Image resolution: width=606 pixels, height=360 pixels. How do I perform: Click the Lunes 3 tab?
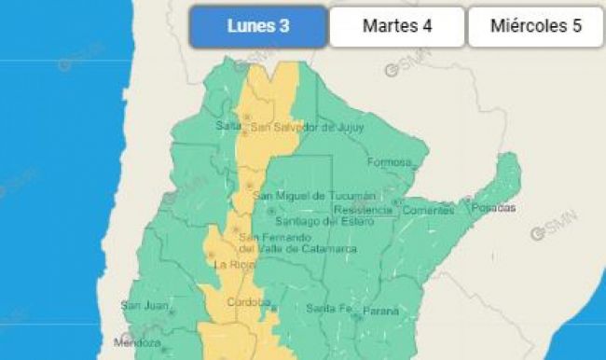pos(258,26)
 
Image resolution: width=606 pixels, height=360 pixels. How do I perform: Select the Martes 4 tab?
pos(396,26)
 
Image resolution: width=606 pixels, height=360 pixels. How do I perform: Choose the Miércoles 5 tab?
pos(536,26)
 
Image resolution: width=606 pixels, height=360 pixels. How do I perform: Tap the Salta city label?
pos(227,126)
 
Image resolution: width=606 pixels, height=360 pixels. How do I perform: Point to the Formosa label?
pos(389,162)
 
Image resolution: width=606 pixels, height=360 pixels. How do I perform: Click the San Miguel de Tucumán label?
pos(317,195)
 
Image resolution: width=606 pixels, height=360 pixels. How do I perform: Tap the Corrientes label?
pos(427,210)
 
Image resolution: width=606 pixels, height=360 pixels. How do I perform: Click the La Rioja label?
pos(229,264)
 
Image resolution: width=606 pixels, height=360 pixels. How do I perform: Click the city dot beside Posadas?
pos(468,199)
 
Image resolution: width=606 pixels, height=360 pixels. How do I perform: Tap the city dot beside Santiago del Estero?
pos(271,212)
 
